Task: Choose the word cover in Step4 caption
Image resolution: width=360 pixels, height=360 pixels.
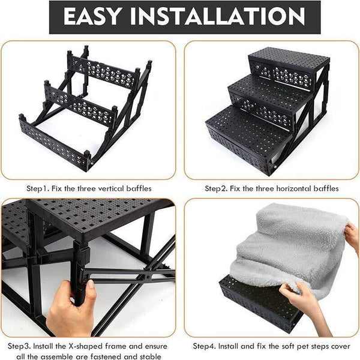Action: click(x=337, y=346)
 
